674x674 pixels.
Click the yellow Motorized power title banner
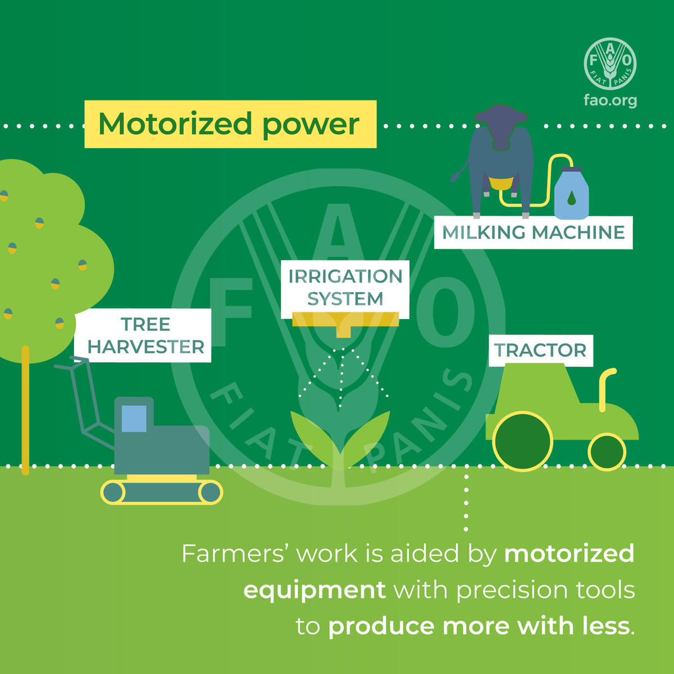pos(230,124)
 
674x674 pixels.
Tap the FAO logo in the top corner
pos(610,63)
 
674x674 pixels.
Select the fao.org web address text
pos(611,101)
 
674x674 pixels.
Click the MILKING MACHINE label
pos(534,233)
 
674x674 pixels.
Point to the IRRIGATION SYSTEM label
pos(345,288)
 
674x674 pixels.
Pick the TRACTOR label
pos(541,350)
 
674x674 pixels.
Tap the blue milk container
pos(572,193)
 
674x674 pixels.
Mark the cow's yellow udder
pos(501,183)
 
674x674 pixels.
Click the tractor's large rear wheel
pos(522,441)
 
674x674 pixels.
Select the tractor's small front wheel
pos(607,452)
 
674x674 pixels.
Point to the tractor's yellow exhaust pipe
pos(605,388)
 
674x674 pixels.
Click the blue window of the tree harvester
pos(134,418)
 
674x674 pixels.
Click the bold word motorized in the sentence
pos(569,554)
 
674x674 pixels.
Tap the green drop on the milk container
pos(572,198)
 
